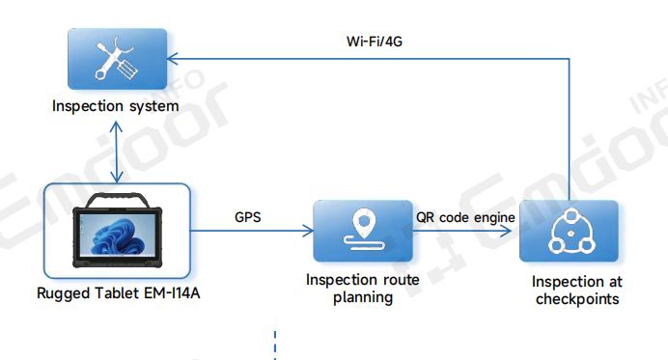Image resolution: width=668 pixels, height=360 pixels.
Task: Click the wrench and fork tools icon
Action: coord(116,59)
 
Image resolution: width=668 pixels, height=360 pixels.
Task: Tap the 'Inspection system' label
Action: coord(116,104)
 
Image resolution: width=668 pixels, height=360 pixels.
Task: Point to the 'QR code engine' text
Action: coord(465,217)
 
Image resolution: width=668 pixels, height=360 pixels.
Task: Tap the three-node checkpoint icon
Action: coord(568,232)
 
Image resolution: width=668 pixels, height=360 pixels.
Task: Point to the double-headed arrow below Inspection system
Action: coord(117,150)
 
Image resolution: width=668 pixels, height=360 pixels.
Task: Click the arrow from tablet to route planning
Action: coord(251,232)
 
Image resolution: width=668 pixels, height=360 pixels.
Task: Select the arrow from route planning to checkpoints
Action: coord(465,232)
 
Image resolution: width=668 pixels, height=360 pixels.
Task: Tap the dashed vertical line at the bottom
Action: coord(276,343)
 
